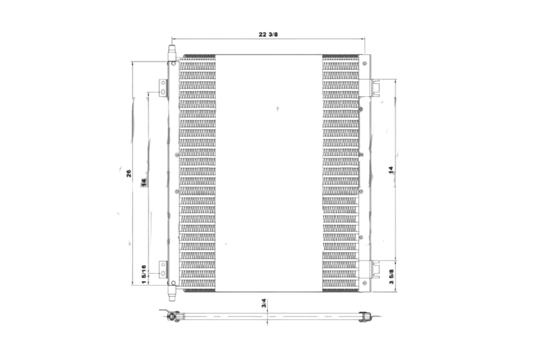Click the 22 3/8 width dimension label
[x=268, y=34]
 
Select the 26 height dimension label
[x=129, y=173]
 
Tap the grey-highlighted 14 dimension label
[x=143, y=182]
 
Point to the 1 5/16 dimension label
[x=144, y=274]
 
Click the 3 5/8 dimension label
[x=391, y=276]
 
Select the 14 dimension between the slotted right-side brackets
[x=391, y=170]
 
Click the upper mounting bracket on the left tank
[x=163, y=88]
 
